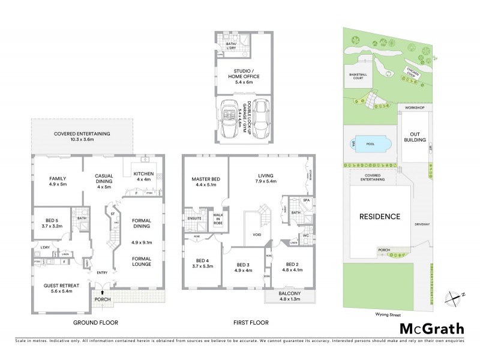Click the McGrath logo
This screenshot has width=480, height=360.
coord(431,328)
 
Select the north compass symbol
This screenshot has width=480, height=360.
coord(455,296)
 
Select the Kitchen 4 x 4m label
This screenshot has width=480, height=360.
coord(143,177)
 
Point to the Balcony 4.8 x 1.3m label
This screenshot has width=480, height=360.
coord(290,295)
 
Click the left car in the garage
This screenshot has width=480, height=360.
coord(230,119)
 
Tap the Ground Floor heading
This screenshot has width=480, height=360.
coord(96,323)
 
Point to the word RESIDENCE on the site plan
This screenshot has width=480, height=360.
coord(379,216)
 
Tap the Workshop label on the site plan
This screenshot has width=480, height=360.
coord(414,108)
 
